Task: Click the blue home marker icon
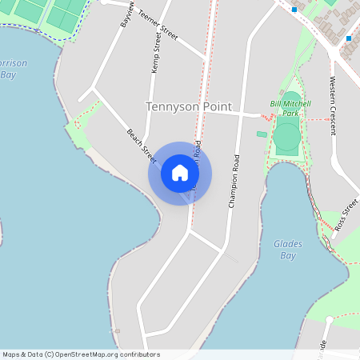(180, 173)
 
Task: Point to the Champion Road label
(234, 181)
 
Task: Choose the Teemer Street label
(157, 26)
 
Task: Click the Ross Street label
(345, 214)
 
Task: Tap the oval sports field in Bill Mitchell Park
(286, 137)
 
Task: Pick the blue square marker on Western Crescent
(349, 38)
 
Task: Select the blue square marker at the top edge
(294, 10)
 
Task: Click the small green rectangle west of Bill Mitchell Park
(262, 134)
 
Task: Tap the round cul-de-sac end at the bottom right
(329, 320)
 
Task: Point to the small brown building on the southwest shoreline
(117, 330)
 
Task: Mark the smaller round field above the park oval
(290, 100)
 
